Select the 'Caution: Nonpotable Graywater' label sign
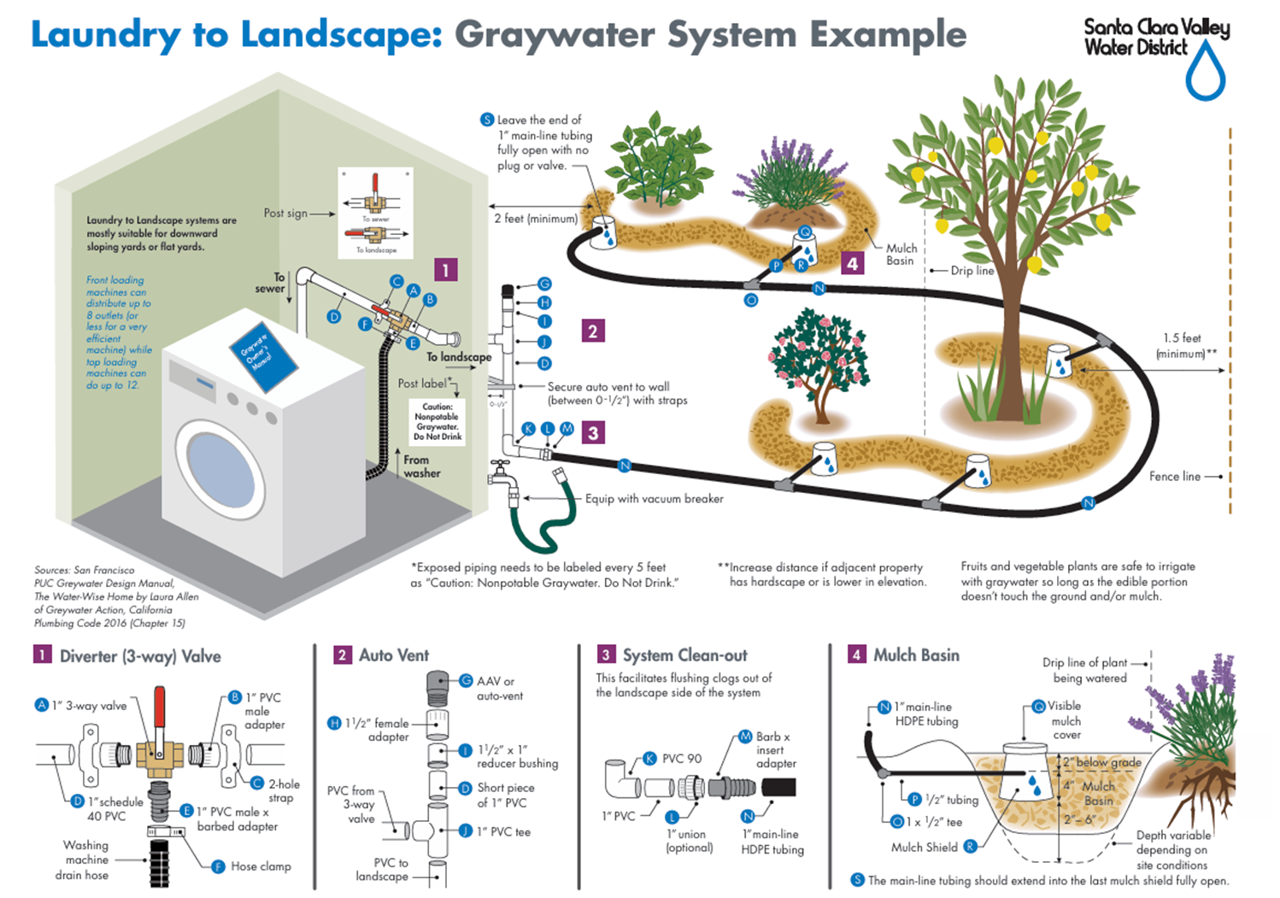tap(437, 421)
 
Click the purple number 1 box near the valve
tap(445, 270)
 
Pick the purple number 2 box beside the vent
tap(592, 332)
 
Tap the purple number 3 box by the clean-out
tap(593, 433)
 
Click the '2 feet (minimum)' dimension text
tap(536, 219)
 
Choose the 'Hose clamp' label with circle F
tap(260, 866)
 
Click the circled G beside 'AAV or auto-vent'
tap(466, 681)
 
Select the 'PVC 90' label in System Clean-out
tap(681, 759)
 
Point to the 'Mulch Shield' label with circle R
tap(925, 848)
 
